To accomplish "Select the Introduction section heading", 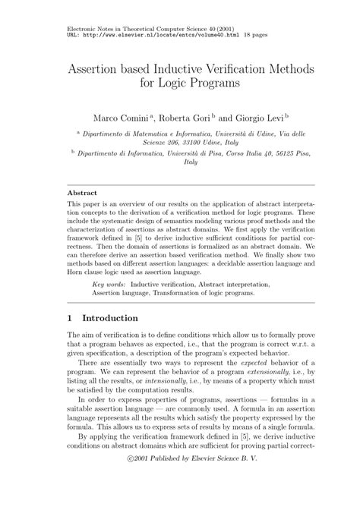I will pos(110,318).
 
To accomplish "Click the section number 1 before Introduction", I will pos(70,318).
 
